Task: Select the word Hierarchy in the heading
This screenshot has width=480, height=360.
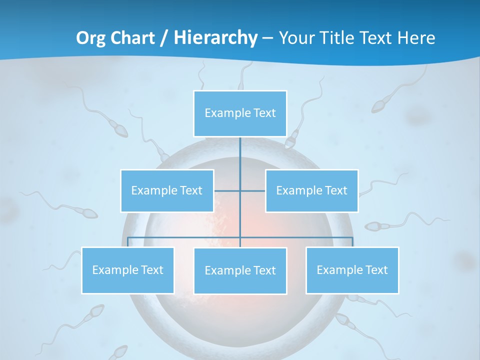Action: pos(215,38)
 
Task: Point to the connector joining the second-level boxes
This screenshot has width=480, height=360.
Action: pos(227,190)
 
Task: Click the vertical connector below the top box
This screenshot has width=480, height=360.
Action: pos(240,155)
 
